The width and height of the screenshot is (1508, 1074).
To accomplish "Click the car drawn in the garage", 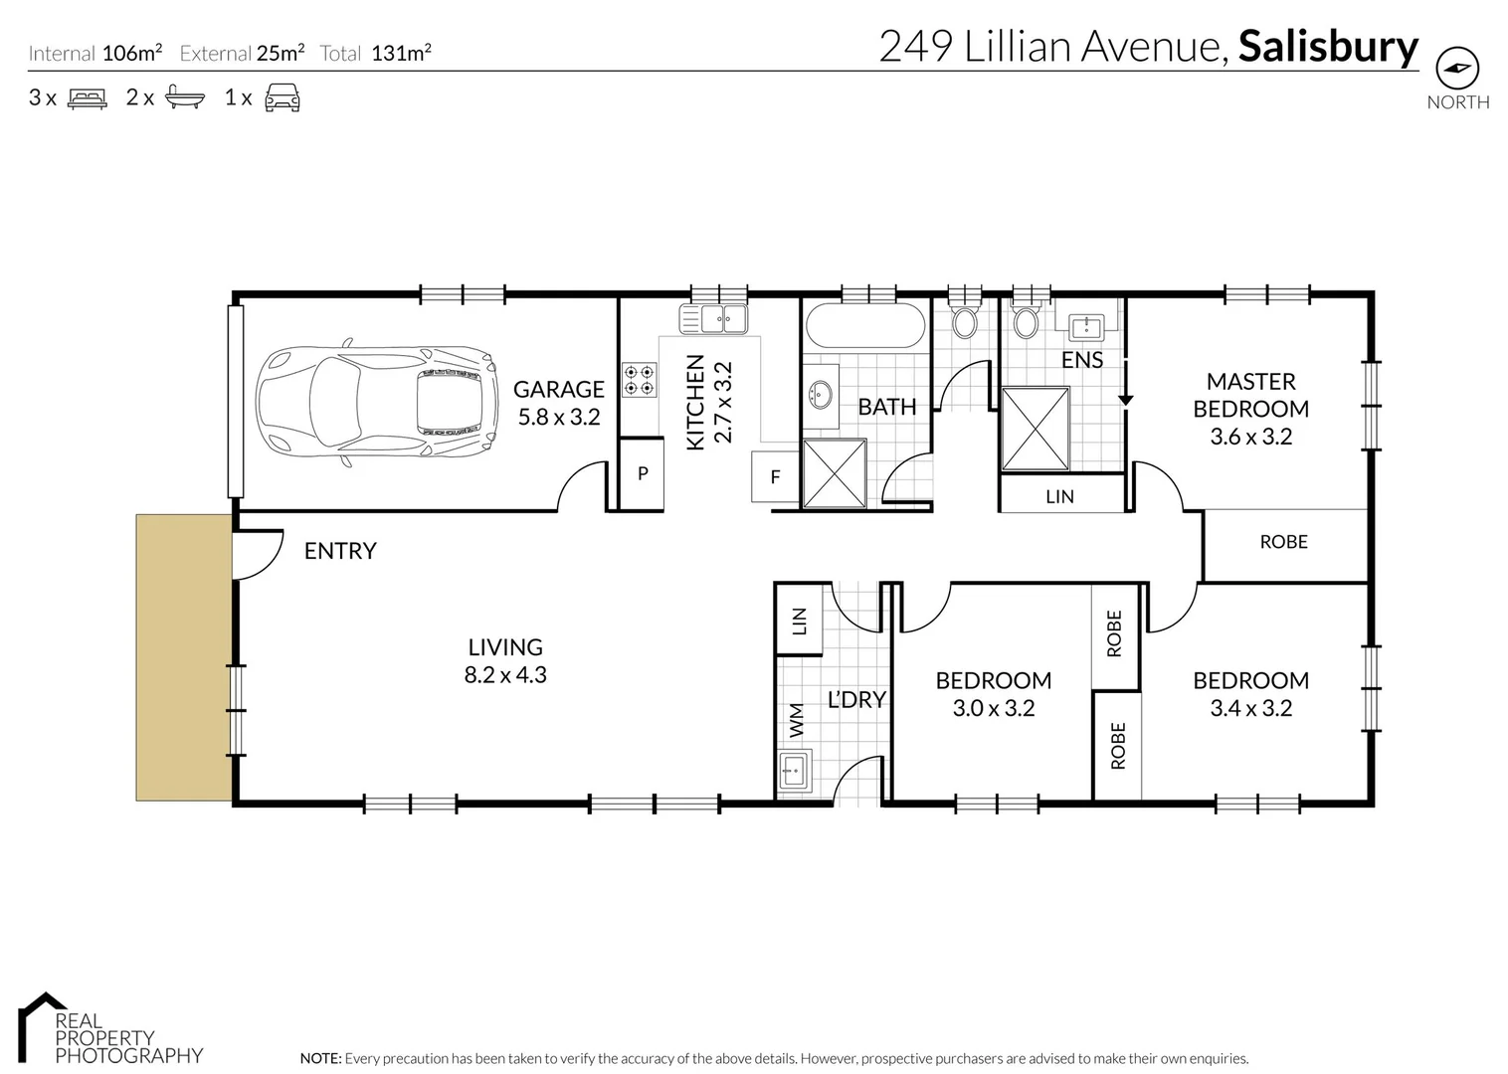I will coord(376,402).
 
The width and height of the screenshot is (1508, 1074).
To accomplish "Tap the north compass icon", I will coord(1457,69).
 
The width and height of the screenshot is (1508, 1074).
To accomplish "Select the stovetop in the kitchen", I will coord(639,380).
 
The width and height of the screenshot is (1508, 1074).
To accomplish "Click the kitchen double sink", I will coord(713,319).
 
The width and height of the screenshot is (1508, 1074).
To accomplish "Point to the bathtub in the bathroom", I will coord(864,326).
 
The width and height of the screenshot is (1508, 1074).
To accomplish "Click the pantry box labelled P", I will coord(643,474).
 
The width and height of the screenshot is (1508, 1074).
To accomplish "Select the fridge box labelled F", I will coord(776,477).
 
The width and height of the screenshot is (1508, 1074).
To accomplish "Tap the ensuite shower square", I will coord(1035,429).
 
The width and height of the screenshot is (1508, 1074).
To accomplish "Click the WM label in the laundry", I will coord(797,720).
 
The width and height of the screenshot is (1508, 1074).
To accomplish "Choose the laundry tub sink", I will coord(794,769).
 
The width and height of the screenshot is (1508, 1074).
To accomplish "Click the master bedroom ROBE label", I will coord(1283,542).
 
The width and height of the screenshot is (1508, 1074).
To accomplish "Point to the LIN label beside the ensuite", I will coord(1059,496).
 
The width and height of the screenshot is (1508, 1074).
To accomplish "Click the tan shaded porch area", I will coord(184,656).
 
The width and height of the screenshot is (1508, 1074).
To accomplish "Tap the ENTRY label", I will coord(340,551).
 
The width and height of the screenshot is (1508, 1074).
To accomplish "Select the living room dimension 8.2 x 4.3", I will coord(505,675).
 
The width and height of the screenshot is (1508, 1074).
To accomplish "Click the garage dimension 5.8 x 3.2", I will coord(559,418).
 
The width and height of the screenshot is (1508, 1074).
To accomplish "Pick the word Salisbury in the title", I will coord(1328,47).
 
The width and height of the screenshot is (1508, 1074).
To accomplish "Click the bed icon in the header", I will coord(87,98).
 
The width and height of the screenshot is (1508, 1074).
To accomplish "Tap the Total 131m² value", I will coord(401,54).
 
